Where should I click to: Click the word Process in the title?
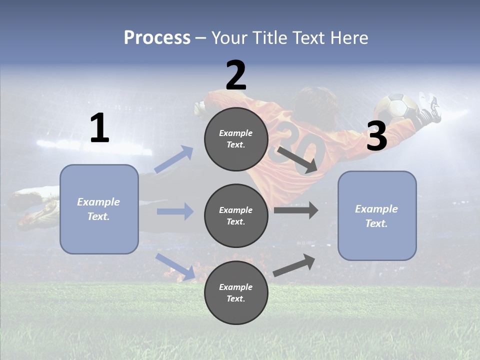(157, 38)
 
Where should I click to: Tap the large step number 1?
(99, 128)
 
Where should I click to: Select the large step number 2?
(236, 75)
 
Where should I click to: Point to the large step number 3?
(376, 136)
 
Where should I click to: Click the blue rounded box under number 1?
(99, 209)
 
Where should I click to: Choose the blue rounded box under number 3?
(377, 215)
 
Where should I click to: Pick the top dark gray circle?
(236, 139)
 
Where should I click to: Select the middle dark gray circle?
(236, 215)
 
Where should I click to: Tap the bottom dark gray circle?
(236, 292)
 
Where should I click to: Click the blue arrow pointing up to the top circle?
(174, 159)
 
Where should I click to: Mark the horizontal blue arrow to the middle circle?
(175, 211)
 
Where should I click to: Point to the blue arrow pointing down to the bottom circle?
(175, 267)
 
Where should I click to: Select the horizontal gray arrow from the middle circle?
(295, 210)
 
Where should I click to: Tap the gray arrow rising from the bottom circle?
(294, 265)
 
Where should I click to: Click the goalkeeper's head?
(310, 100)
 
